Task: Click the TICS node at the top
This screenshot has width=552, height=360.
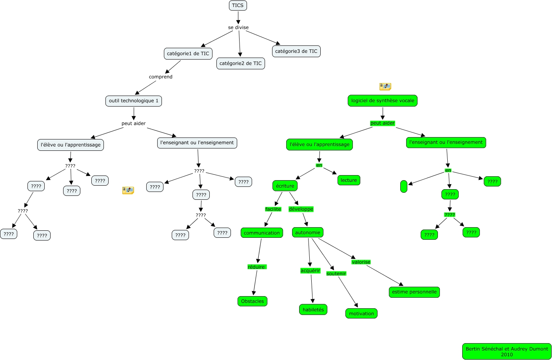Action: click(x=238, y=5)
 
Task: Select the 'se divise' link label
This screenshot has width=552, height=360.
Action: click(x=238, y=27)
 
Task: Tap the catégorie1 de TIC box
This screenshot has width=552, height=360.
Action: click(x=188, y=54)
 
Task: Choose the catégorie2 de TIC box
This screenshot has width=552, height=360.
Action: click(x=240, y=63)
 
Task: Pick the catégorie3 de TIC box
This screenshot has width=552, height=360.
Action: click(x=296, y=51)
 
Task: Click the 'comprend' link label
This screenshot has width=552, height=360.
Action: click(x=161, y=77)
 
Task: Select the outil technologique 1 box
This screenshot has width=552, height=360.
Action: click(x=134, y=101)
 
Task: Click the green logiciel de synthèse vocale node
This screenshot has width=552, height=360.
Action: click(x=382, y=101)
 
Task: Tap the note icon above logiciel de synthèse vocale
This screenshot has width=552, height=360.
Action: click(x=385, y=87)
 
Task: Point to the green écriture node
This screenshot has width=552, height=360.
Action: click(x=285, y=186)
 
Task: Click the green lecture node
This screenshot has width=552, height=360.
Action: click(x=349, y=180)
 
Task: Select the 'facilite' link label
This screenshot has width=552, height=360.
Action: click(x=273, y=209)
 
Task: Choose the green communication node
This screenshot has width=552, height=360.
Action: click(x=261, y=233)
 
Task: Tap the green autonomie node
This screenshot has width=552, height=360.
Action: click(x=307, y=232)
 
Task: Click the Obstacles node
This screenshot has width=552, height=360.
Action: click(x=252, y=301)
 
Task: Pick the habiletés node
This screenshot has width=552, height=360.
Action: click(x=313, y=309)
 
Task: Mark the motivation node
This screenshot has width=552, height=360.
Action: click(x=361, y=313)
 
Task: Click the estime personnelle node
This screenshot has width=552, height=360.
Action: click(x=414, y=292)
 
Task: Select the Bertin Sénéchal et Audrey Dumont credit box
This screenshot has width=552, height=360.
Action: click(x=507, y=351)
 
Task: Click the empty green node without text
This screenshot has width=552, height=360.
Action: click(x=404, y=186)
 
